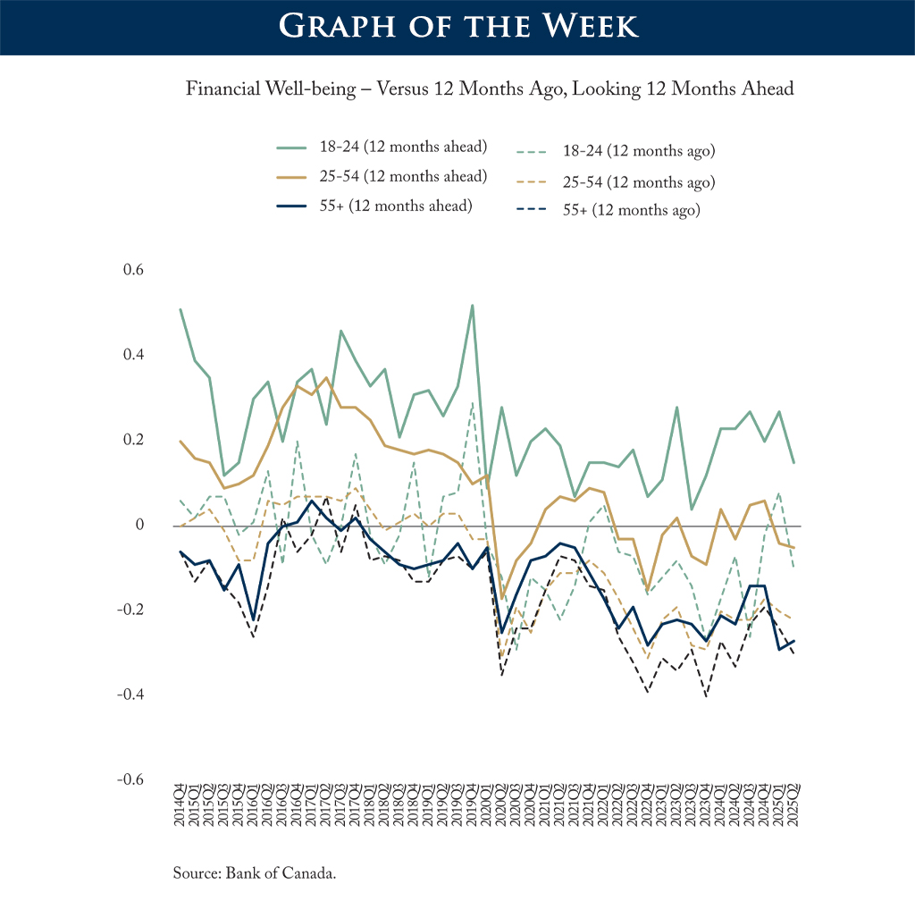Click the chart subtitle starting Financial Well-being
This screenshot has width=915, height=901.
point(490,89)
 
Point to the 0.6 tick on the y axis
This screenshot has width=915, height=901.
point(133,270)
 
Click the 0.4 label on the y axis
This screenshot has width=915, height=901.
point(133,355)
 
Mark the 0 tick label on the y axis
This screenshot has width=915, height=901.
point(139,525)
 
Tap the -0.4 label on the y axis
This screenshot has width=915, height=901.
point(130,695)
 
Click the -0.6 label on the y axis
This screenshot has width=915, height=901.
point(130,779)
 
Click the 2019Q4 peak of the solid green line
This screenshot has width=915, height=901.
point(472,306)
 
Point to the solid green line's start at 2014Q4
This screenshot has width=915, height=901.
point(180,309)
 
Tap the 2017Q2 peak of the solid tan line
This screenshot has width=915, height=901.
point(326,377)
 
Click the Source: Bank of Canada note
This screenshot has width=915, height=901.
point(255,872)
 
